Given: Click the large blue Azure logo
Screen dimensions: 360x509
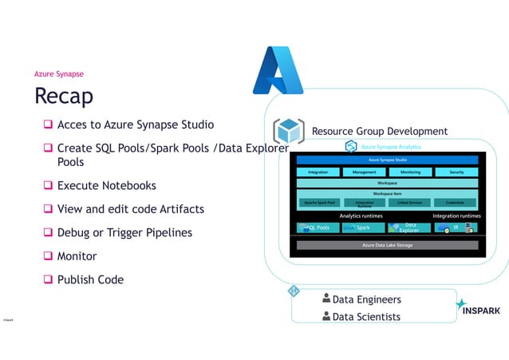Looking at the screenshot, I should tap(278, 70).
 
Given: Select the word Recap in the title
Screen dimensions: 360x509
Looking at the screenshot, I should tap(64, 96).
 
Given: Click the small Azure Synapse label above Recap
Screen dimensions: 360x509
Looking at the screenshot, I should tap(58, 74).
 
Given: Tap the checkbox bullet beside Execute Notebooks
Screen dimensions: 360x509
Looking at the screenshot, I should tap(48, 186).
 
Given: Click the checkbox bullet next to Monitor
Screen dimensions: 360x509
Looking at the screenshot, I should tap(48, 256).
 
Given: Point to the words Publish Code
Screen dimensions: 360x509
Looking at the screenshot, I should tap(90, 280).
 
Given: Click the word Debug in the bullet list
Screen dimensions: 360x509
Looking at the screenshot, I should tap(75, 233).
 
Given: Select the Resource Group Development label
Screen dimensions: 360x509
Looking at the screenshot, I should tap(379, 131).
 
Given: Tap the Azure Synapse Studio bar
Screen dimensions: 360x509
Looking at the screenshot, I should tap(387, 160).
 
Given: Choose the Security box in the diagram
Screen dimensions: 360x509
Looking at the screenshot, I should tap(456, 172).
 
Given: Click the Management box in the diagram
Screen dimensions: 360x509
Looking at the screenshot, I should tap(364, 172).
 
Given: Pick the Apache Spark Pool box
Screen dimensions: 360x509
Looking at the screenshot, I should tap(319, 203).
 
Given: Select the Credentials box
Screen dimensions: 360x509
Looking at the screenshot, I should tap(455, 203).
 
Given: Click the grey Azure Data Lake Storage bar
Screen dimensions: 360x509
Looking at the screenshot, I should tap(387, 245).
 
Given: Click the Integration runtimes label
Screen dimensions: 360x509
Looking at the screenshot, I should tap(456, 216).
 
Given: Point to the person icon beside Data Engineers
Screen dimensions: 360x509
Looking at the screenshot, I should tap(326, 299).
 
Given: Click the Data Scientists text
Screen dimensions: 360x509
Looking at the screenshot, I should tap(366, 317).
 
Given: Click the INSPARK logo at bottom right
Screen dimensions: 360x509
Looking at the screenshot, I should tap(479, 311).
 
